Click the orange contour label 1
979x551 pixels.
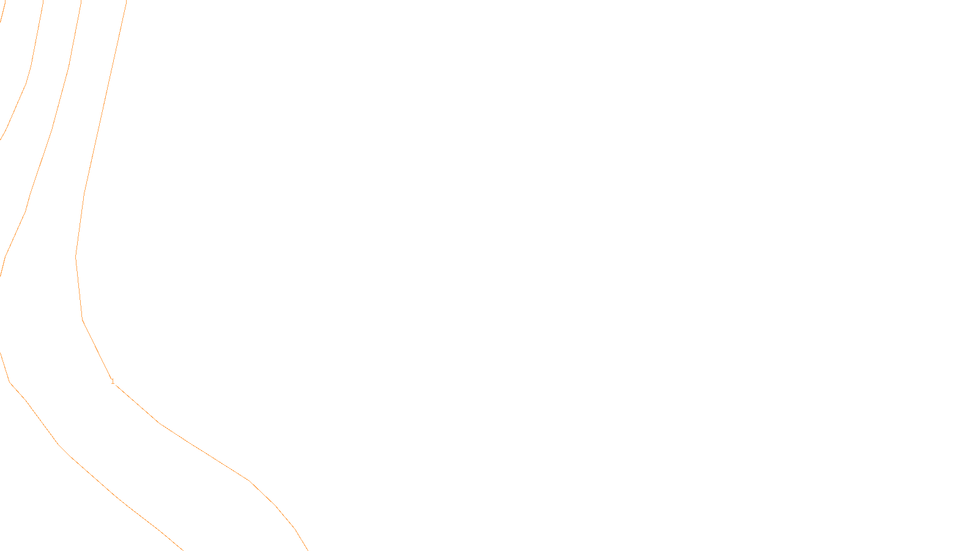[113, 381]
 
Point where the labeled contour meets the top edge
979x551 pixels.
[126, 1]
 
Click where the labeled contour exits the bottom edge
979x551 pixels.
[307, 550]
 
